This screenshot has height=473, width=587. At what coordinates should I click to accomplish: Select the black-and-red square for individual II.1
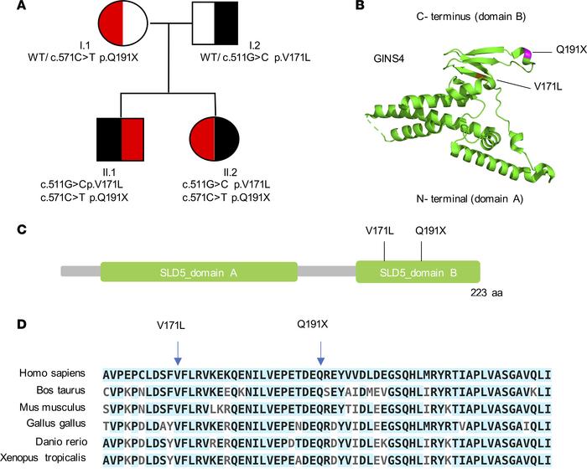tap(122, 139)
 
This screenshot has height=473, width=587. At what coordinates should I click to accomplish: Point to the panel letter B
tap(360, 7)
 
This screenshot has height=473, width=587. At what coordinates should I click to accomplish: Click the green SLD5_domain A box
tap(199, 273)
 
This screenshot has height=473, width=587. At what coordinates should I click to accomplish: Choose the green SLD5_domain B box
tap(418, 273)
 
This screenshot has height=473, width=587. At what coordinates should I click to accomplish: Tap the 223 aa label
tap(486, 293)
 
